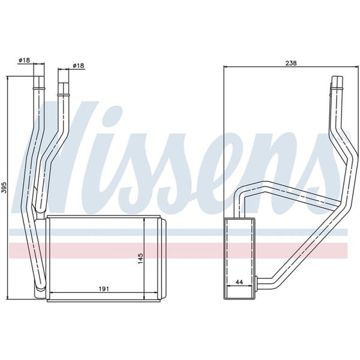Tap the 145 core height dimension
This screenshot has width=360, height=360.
(x=140, y=259)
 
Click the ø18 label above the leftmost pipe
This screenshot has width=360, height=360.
(x=25, y=60)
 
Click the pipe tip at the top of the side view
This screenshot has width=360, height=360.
(x=337, y=80)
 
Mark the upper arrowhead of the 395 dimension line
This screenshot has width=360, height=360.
(x=7, y=79)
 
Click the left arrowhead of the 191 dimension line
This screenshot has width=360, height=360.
(x=49, y=293)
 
